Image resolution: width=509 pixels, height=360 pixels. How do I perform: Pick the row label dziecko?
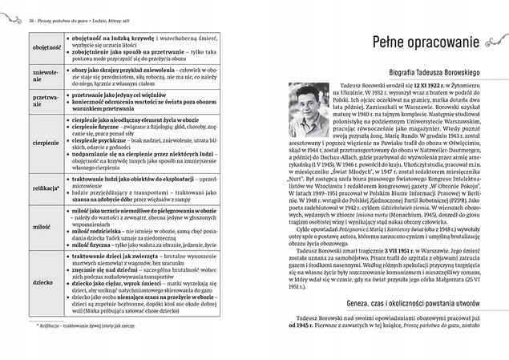42,282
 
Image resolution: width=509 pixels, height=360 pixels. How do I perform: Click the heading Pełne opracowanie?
397,41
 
